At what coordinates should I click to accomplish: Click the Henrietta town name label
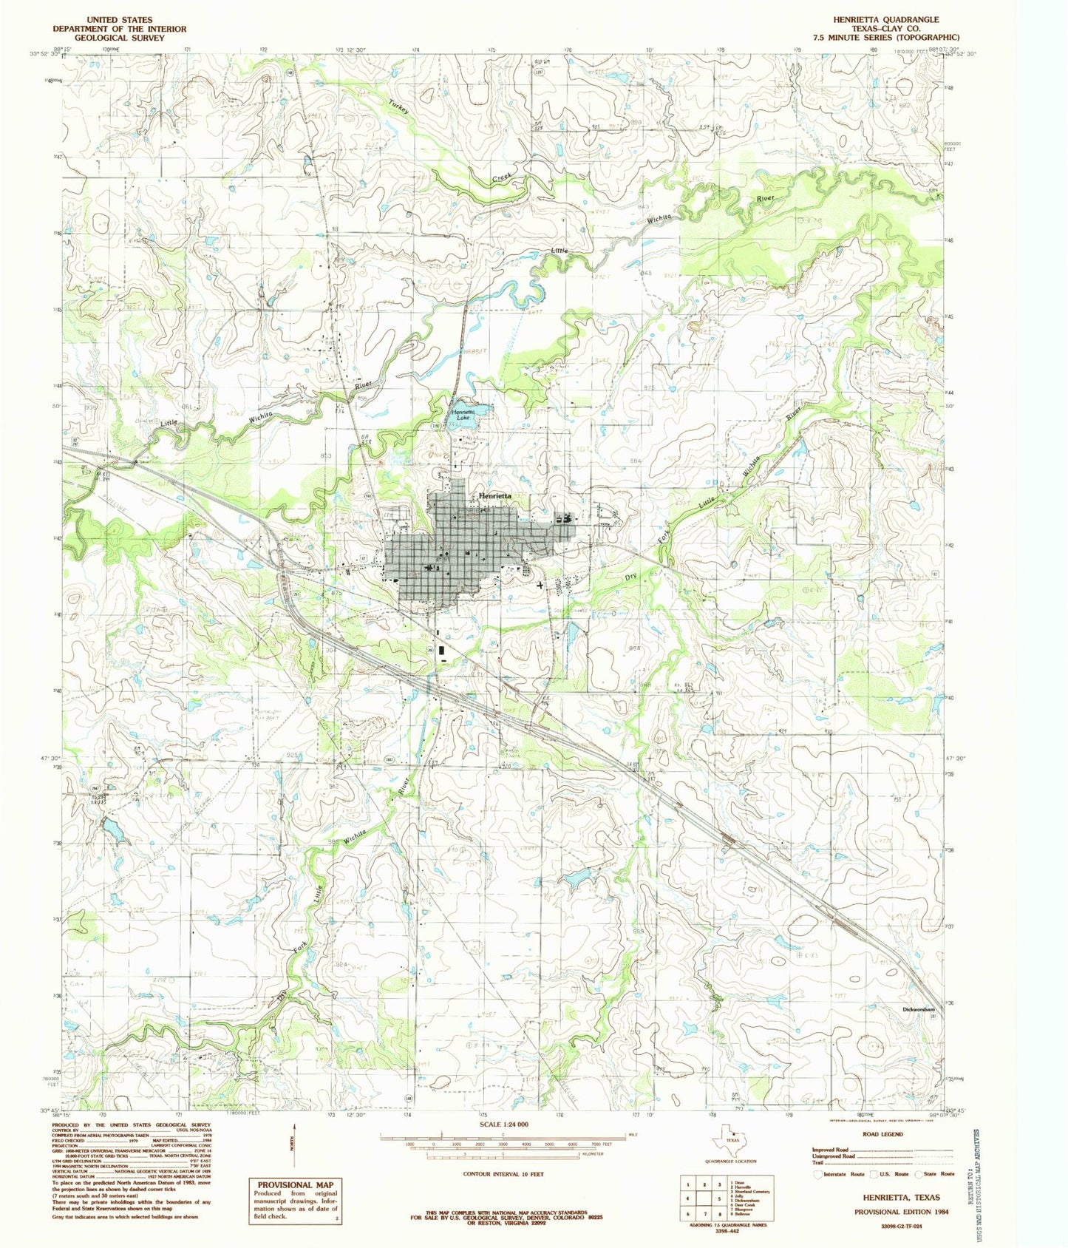[494, 496]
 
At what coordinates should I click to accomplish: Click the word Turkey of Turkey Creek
[399, 108]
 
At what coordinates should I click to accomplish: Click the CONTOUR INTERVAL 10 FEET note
[503, 1173]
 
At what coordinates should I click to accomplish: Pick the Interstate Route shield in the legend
[818, 1173]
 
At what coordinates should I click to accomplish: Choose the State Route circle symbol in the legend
[919, 1173]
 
